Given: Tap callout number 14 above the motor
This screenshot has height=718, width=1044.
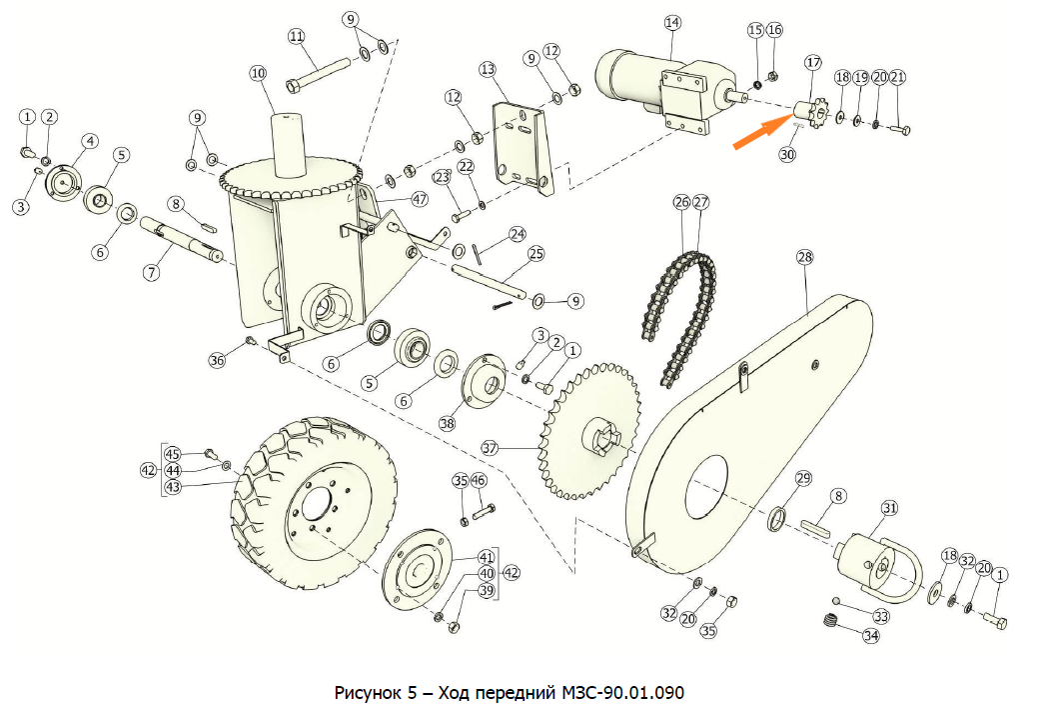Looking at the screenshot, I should [x=671, y=22].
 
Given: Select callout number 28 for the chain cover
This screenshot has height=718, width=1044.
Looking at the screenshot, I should [x=804, y=258].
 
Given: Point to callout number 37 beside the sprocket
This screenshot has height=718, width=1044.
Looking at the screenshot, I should [x=489, y=447].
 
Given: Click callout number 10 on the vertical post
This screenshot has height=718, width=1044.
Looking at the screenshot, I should [x=259, y=73].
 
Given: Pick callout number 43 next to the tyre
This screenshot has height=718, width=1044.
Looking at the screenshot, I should [x=174, y=487].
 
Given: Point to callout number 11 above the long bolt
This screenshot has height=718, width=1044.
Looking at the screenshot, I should [x=296, y=36].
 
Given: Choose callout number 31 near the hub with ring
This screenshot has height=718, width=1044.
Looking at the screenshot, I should [x=889, y=509].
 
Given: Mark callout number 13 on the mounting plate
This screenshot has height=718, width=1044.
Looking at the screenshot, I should [x=487, y=69].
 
